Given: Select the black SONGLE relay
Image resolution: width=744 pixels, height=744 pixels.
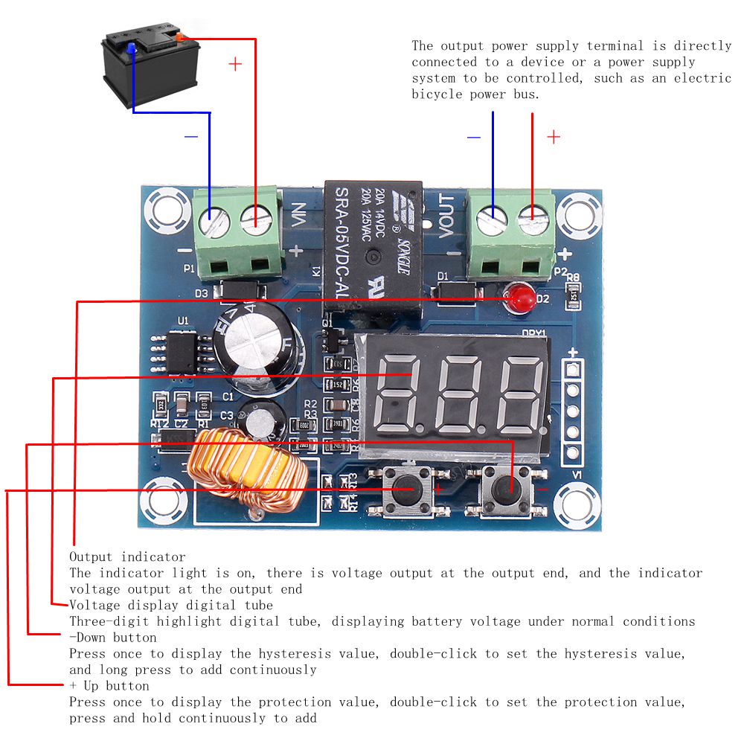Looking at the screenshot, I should pos(372,246).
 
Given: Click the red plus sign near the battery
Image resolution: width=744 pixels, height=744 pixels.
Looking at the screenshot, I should pos(235,65).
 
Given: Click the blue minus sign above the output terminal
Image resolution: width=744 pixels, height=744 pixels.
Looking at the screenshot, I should pos(474,137).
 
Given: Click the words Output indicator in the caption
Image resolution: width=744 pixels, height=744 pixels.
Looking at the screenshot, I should pos(127,557).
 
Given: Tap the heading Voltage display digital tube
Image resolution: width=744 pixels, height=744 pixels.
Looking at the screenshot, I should pos(171,605).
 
